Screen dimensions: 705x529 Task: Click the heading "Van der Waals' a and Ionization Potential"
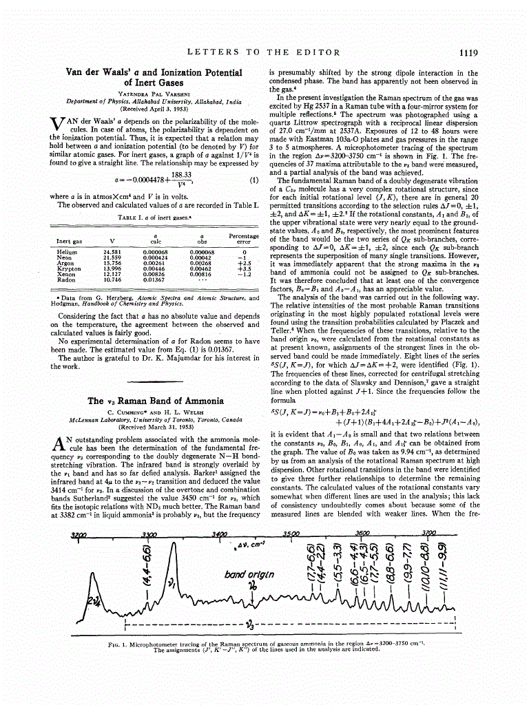154,72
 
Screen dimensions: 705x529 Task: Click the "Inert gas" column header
69,242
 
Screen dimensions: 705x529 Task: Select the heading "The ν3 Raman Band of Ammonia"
155,401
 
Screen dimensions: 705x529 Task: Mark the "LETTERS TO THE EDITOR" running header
264,52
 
